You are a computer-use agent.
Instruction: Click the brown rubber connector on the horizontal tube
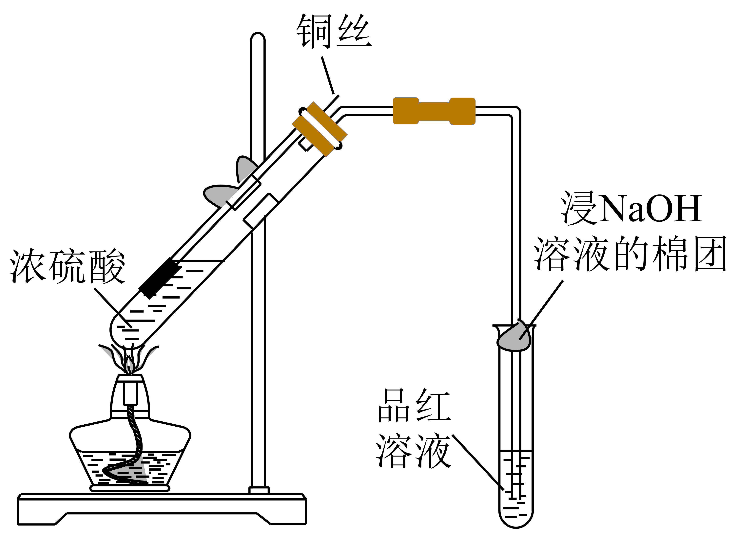pos(434,111)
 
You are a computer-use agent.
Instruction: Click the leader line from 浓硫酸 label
pos(112,306)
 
